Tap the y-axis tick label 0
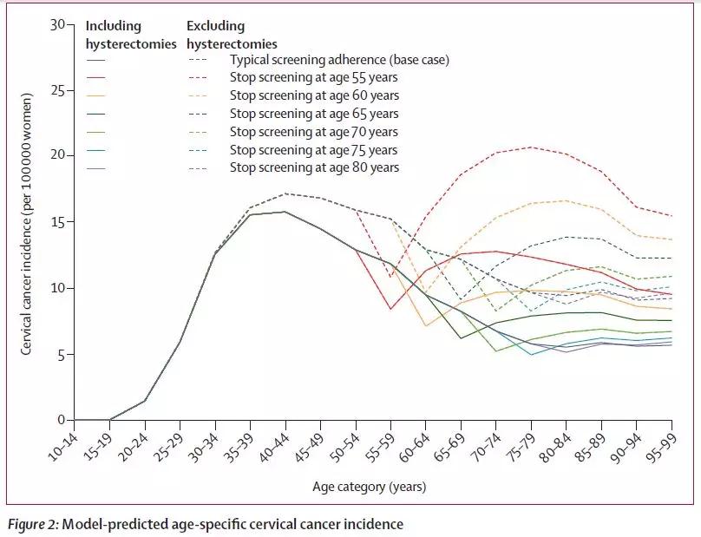61,420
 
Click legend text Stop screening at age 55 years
314,78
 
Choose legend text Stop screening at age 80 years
314,167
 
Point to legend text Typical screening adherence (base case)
339,60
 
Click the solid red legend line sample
95,78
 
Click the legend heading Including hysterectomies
130,35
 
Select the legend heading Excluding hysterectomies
232,35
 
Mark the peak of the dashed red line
531,147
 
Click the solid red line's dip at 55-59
390,309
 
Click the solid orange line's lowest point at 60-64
425,326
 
